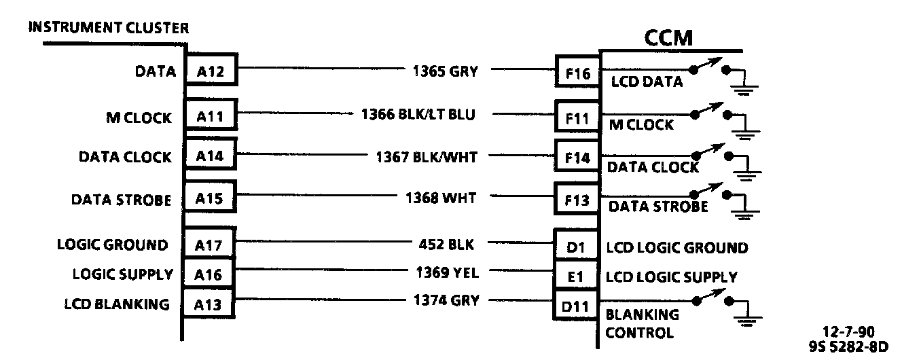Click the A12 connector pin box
coord(211,70)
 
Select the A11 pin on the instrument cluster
coord(211,117)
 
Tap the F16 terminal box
coord(577,73)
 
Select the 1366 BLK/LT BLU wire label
coord(418,115)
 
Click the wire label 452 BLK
coord(447,244)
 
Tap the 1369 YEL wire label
coord(447,272)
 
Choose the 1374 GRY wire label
coord(446,300)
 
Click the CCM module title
coord(668,38)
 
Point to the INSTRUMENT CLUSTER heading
coord(109,28)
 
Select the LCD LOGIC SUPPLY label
coord(671,277)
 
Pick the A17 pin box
coord(211,246)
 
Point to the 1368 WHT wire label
coord(440,198)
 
